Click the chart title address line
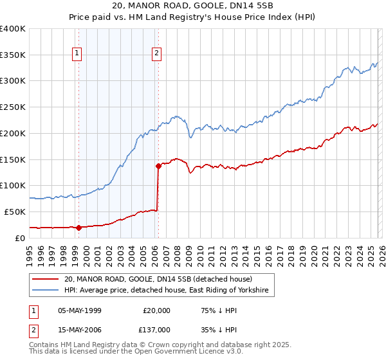click(192, 6)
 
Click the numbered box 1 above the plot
click(77, 54)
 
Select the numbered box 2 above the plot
click(156, 54)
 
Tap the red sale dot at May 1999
click(78, 227)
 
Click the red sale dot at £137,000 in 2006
click(158, 166)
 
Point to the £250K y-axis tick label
click(13, 107)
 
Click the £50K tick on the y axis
click(15, 212)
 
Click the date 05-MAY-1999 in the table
click(80, 310)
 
